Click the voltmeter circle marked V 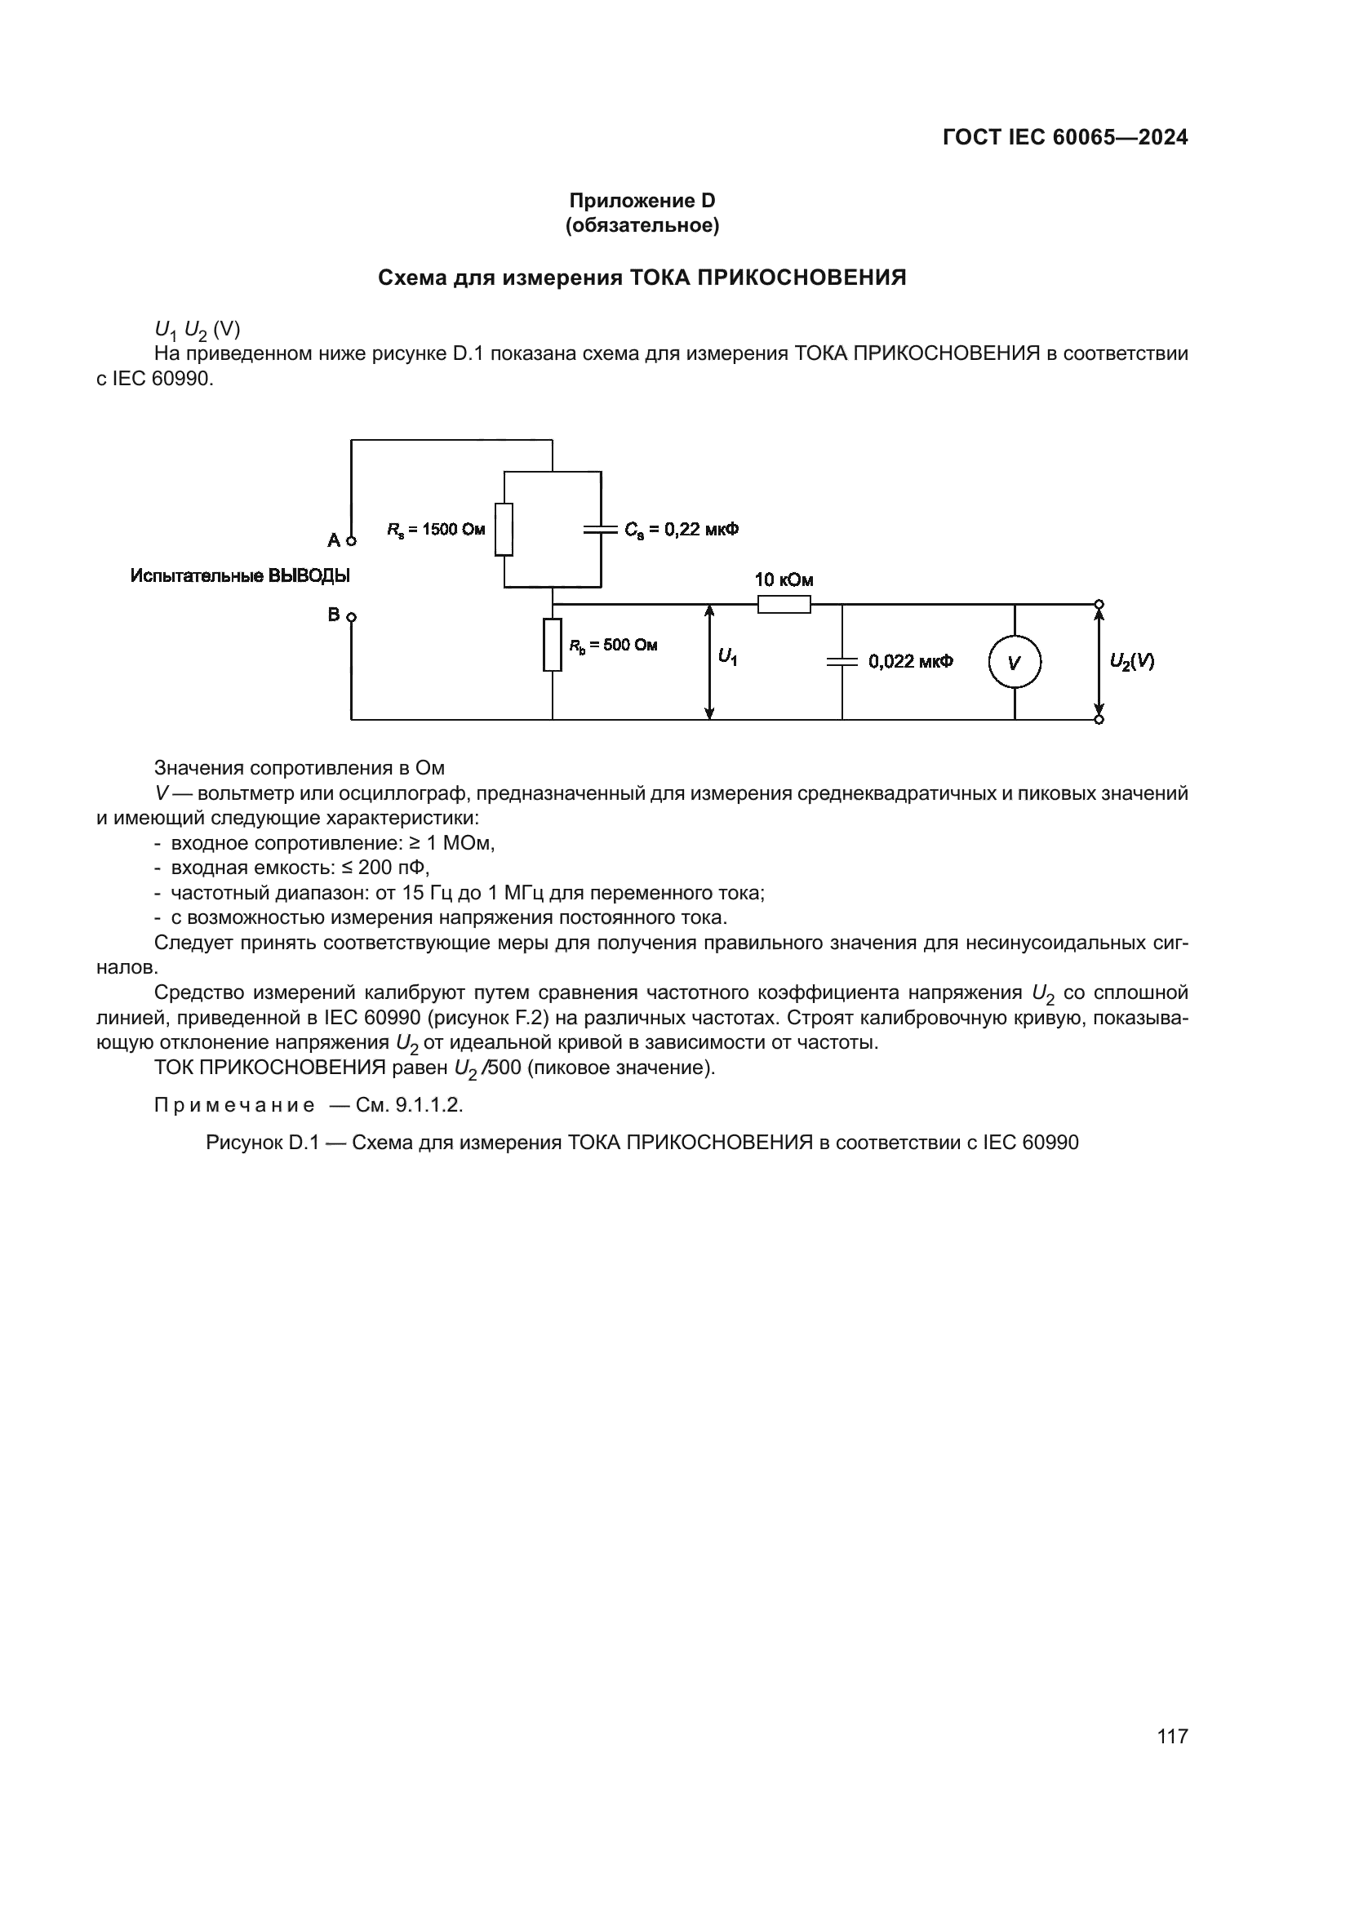click(x=1015, y=663)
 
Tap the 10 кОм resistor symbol click(x=784, y=605)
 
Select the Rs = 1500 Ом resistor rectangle click(x=504, y=529)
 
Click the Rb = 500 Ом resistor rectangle click(x=552, y=646)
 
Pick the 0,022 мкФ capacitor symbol click(x=842, y=662)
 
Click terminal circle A click(x=351, y=541)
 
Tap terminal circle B click(x=351, y=617)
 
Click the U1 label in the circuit click(x=728, y=658)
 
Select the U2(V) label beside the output click(x=1131, y=662)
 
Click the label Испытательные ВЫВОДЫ click(x=240, y=575)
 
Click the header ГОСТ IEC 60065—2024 click(x=1065, y=138)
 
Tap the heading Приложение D click(x=642, y=201)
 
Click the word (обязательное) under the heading click(x=642, y=225)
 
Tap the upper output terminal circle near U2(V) click(x=1099, y=605)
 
